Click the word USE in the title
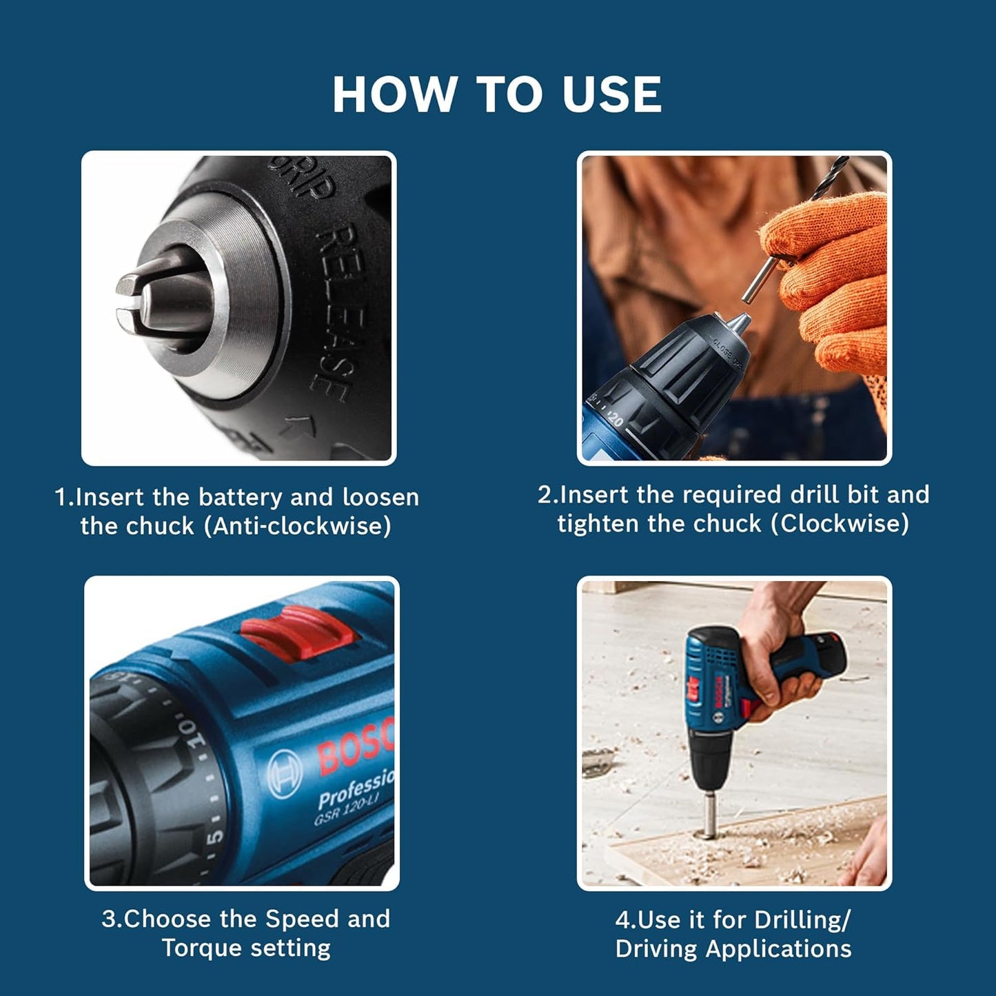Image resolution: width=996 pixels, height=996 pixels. click(611, 94)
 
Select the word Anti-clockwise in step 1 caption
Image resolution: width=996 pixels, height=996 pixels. click(301, 527)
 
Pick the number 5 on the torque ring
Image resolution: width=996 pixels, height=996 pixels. click(215, 835)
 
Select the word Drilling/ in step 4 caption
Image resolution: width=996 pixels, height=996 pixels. click(802, 919)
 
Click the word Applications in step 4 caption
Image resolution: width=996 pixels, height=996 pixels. click(778, 949)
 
